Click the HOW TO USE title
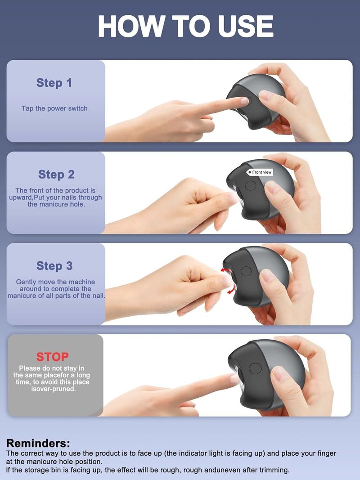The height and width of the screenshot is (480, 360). (x=185, y=27)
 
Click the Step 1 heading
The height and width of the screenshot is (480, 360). (x=54, y=83)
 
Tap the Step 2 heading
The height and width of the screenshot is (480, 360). (x=56, y=175)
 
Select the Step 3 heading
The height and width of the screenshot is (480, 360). (x=54, y=266)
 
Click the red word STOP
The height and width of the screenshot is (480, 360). (x=52, y=357)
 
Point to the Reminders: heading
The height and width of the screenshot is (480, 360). (x=38, y=443)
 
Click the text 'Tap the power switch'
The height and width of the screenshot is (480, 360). (x=54, y=108)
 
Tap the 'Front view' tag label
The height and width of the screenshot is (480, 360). (x=260, y=172)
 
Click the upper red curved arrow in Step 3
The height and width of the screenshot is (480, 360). (x=226, y=270)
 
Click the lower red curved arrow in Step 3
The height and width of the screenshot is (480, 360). (x=232, y=289)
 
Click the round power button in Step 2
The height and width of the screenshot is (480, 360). (x=250, y=185)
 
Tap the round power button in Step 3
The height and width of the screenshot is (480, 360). (x=246, y=271)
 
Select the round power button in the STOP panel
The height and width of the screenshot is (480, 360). (x=255, y=368)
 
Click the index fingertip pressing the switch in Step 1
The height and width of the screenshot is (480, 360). (x=244, y=101)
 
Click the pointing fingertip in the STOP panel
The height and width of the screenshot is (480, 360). (x=234, y=379)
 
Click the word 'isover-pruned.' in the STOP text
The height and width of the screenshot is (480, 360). (x=53, y=389)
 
